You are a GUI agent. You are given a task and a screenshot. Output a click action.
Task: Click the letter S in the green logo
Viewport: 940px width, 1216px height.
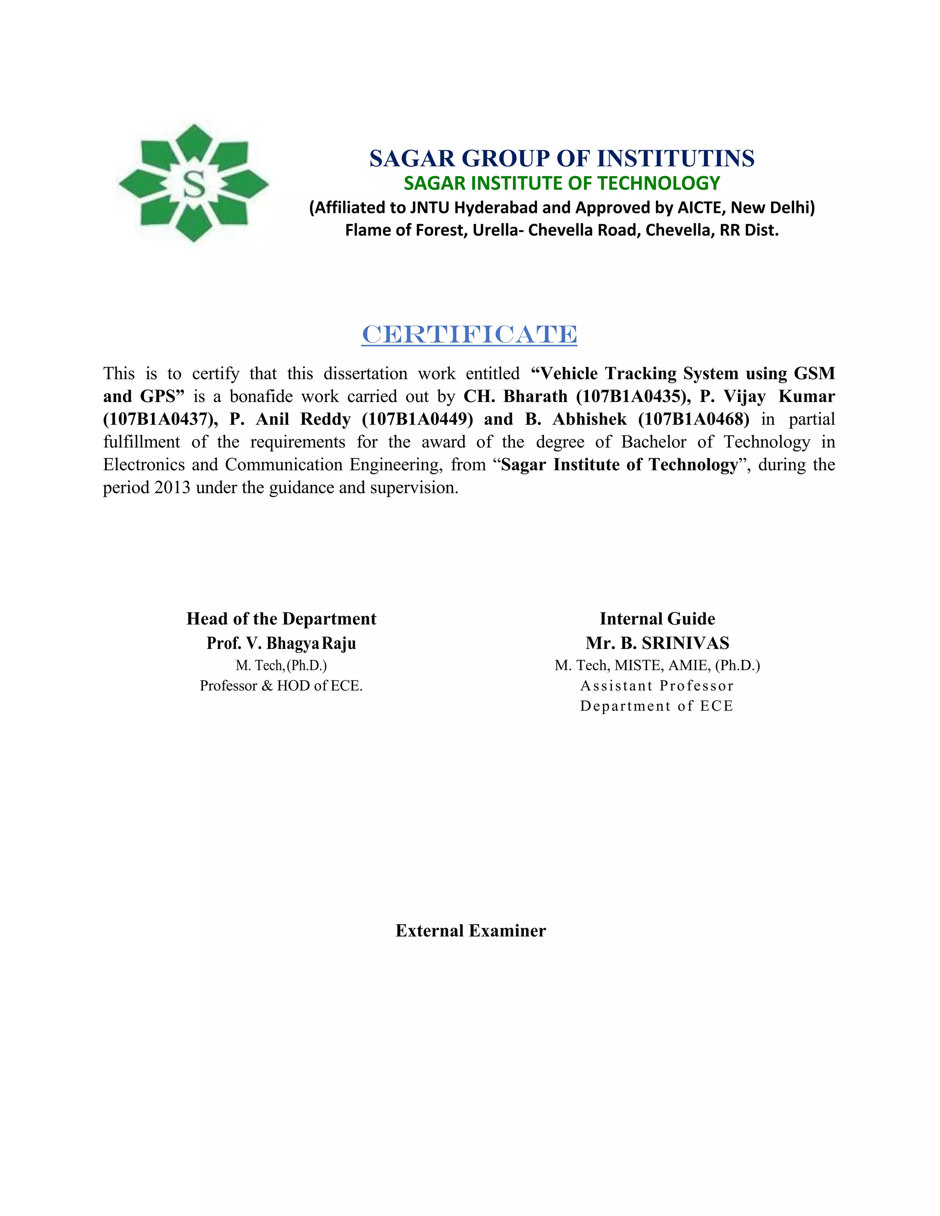tap(194, 184)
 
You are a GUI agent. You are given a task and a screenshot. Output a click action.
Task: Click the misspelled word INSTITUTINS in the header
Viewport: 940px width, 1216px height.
tap(676, 159)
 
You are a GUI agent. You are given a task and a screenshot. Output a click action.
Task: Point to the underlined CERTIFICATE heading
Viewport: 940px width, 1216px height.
tap(470, 335)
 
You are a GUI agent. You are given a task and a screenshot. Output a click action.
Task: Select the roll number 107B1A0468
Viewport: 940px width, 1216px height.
tap(694, 419)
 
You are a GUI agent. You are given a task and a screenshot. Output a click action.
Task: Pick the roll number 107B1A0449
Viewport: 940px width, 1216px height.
tap(418, 419)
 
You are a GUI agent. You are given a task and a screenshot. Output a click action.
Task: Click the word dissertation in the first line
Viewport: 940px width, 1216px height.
tap(365, 374)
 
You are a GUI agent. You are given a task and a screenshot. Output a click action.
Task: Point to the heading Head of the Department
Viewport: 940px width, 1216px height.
tap(281, 619)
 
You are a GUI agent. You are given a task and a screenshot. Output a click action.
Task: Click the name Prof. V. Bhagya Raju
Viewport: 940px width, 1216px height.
tap(281, 643)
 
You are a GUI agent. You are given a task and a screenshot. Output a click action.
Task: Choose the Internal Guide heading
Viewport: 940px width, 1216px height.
tap(657, 619)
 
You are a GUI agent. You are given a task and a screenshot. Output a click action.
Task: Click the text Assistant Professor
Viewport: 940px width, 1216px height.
tap(657, 686)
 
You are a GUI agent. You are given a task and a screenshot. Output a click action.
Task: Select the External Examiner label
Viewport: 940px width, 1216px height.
tap(470, 931)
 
